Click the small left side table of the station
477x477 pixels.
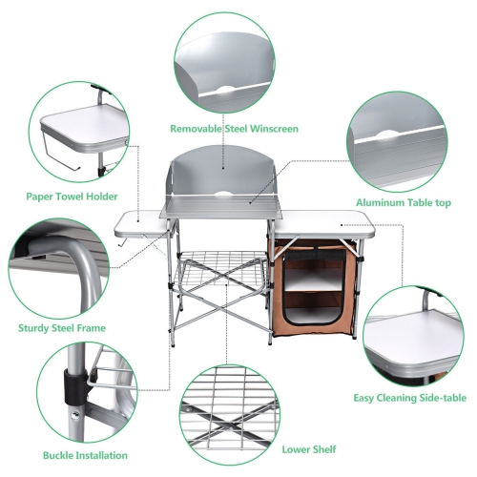138,225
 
